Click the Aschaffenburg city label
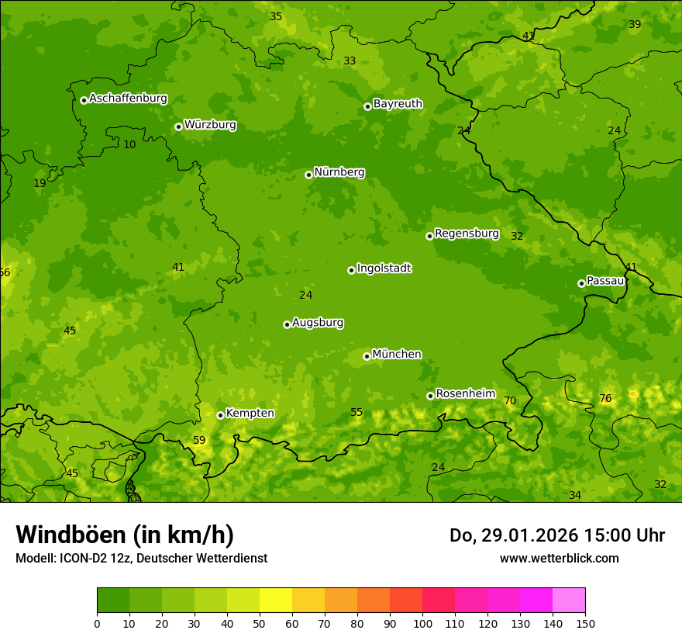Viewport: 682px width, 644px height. pos(128,99)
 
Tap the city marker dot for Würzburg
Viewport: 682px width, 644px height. pos(178,126)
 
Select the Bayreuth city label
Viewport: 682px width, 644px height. pos(398,104)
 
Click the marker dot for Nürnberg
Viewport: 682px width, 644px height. pos(308,175)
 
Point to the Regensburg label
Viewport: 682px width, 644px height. pos(467,234)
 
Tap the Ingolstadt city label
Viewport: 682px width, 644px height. pos(384,268)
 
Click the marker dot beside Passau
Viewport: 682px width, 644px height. pos(581,283)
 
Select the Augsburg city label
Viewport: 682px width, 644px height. pos(318,323)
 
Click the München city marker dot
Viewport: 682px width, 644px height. pos(367,356)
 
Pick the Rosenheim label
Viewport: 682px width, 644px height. pos(465,394)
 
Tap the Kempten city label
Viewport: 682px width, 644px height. pos(250,414)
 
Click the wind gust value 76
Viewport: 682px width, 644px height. pos(605,399)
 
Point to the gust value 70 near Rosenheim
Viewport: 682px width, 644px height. pos(510,401)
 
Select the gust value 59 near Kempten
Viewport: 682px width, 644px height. pos(199,441)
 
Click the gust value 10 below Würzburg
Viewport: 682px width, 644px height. pos(129,145)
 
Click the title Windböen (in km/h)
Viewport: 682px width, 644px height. pos(125,535)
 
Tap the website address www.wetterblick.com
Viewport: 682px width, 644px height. pos(559,558)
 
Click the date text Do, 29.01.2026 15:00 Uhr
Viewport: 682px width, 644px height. pos(556,535)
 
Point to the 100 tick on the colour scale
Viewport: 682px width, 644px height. pos(422,623)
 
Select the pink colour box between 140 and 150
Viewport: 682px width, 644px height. pos(569,601)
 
